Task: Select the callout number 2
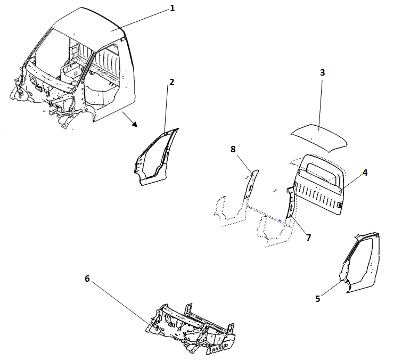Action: click(x=171, y=82)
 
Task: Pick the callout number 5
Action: click(x=318, y=299)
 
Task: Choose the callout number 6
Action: click(x=88, y=279)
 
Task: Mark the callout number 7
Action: click(x=308, y=237)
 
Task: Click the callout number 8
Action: click(x=233, y=150)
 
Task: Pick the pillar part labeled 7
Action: click(x=290, y=202)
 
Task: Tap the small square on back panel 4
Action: click(x=340, y=204)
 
